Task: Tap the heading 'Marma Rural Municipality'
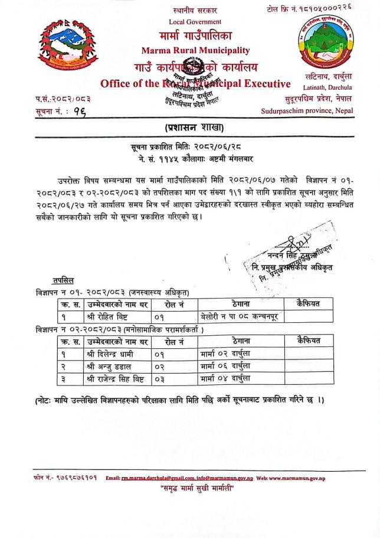coord(195,50)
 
